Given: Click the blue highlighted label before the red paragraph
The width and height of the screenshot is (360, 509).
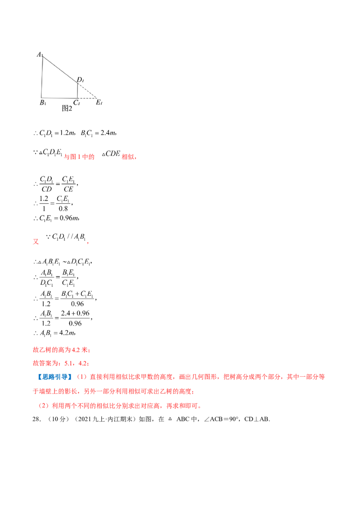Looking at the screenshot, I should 54,377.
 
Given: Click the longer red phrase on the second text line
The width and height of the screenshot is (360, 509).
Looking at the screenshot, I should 80,157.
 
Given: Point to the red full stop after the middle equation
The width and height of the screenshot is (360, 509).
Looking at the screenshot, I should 89,243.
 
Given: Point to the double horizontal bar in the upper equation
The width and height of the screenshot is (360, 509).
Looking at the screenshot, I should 52,204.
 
